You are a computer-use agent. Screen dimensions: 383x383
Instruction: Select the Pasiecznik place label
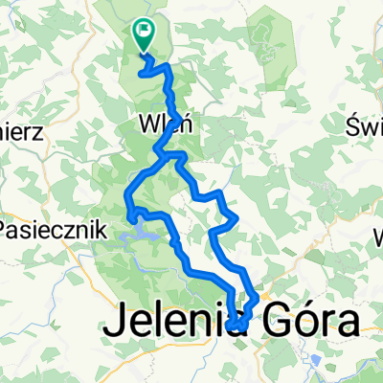pos(44,230)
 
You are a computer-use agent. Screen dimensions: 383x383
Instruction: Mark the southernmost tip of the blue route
pos(236,331)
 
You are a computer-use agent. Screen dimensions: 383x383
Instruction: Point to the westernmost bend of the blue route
pos(127,200)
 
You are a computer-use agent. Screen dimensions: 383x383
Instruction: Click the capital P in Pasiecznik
pos(6,230)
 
